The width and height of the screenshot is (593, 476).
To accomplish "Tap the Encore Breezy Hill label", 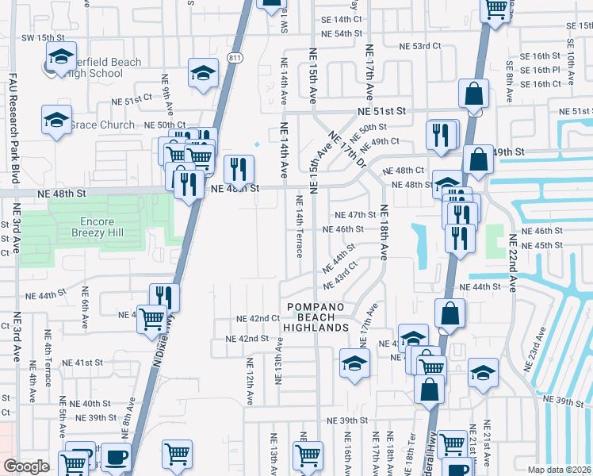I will [x=97, y=228].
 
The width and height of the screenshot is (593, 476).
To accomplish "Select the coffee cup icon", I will [x=117, y=458].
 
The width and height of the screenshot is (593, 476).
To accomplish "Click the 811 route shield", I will [x=234, y=58].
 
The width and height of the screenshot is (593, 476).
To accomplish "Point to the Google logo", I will [x=26, y=466].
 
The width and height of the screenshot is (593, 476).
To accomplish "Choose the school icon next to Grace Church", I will [x=56, y=121].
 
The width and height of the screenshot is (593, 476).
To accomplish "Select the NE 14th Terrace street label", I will [x=300, y=226].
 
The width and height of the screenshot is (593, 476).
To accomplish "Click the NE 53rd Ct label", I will [x=420, y=46].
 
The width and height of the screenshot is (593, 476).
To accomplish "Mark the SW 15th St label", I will [x=42, y=37].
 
